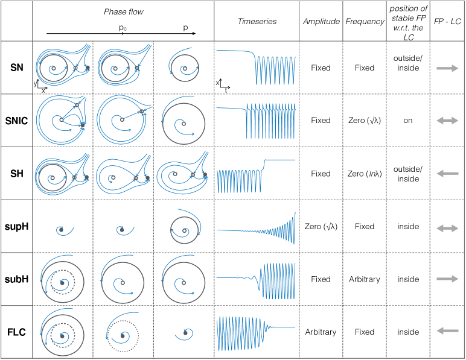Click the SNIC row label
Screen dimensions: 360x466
17,121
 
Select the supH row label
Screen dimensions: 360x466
17,227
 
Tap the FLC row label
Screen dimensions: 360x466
17,332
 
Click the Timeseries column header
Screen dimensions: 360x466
257,21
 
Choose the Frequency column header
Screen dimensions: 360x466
365,21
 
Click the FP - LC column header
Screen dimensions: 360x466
447,21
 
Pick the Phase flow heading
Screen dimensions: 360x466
123,12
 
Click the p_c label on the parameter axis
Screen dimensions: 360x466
123,28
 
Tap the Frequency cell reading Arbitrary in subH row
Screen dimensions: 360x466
365,279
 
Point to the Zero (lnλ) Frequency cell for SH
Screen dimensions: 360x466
365,174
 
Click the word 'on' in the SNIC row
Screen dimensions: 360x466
408,121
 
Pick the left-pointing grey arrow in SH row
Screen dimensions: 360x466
447,174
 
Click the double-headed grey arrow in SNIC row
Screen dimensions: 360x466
447,121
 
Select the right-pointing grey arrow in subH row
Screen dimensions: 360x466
447,279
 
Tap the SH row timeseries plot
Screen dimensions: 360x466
256,174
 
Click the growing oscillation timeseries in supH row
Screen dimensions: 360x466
256,227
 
